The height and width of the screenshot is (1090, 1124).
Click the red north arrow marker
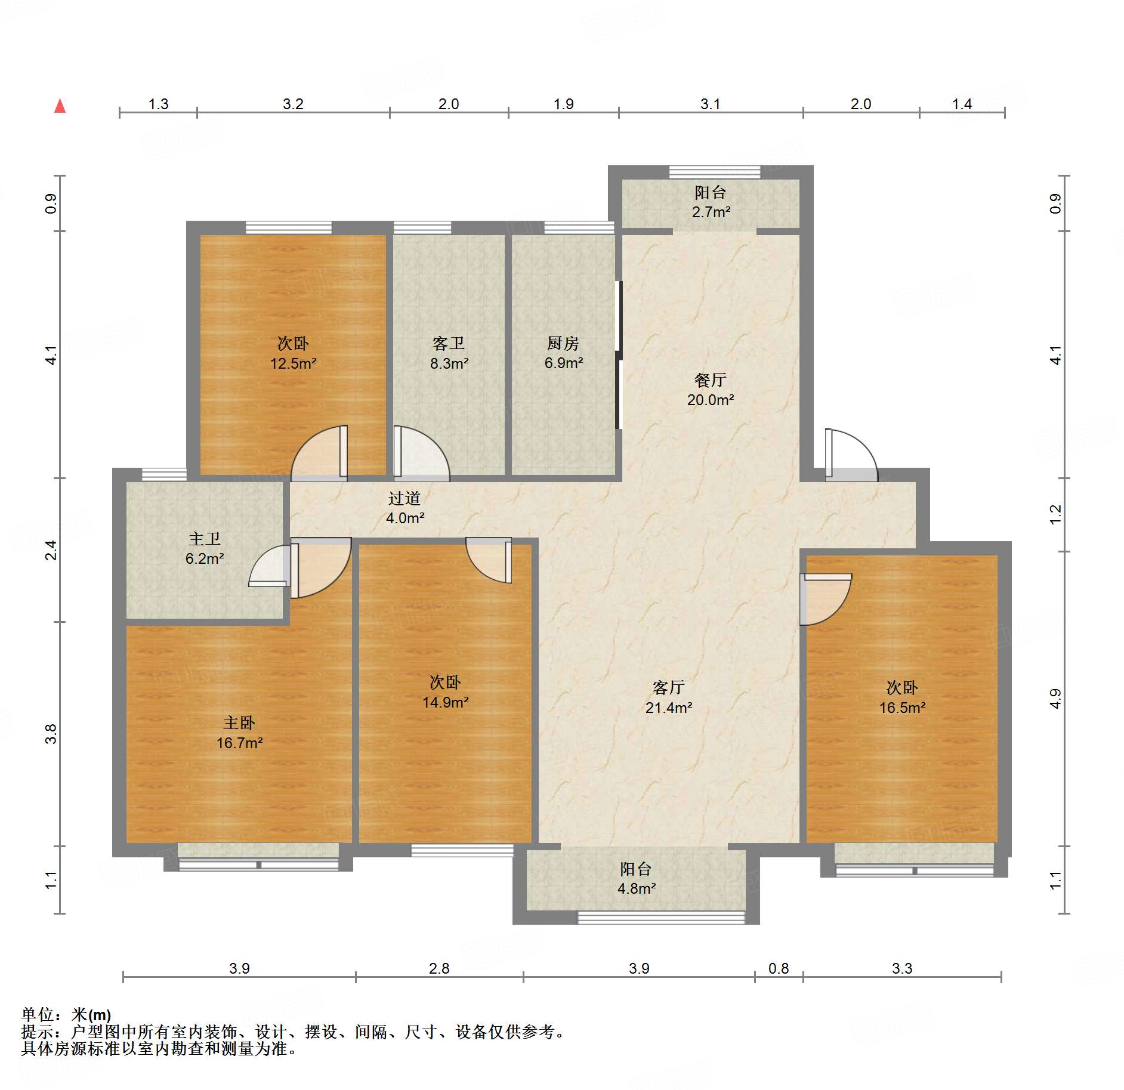[x=60, y=106]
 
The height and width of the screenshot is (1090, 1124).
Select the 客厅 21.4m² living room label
[x=668, y=697]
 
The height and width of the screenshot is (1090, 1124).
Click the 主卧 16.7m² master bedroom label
[x=239, y=733]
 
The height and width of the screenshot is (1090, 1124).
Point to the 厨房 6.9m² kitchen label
[x=563, y=353]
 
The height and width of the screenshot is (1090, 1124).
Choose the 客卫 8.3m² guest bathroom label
[x=449, y=353]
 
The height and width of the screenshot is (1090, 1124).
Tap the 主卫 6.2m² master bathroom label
[x=205, y=549]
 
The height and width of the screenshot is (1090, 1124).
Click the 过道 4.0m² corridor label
[x=404, y=508]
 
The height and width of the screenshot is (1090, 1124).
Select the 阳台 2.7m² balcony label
[x=711, y=202]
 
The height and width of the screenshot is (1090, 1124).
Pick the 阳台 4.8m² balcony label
[x=636, y=878]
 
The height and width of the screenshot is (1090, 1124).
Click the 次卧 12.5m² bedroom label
[x=293, y=353]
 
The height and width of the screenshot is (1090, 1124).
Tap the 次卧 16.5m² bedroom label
[x=902, y=697]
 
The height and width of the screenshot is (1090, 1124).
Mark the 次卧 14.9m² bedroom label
[x=445, y=692]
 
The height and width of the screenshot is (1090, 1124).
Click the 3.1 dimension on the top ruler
[x=710, y=104]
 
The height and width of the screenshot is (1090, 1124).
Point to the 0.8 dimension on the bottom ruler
[x=778, y=968]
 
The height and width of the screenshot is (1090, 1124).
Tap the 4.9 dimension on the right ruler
[x=1055, y=699]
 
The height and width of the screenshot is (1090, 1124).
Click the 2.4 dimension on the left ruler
[x=52, y=549]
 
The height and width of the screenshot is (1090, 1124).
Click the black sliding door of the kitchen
[x=619, y=354]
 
